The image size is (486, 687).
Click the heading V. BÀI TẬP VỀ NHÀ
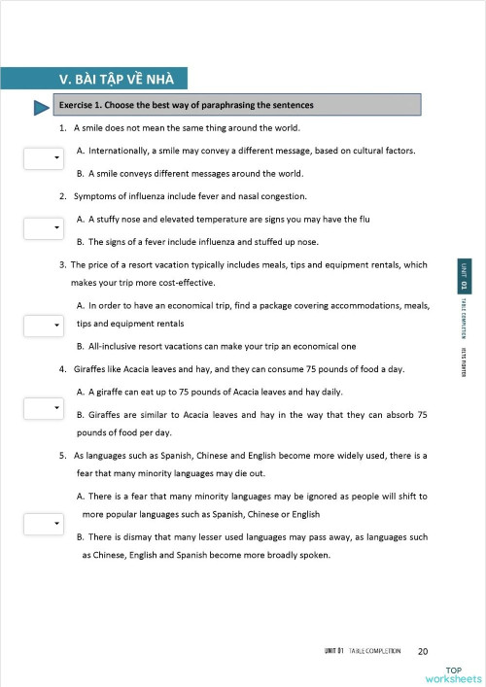pyautogui.click(x=121, y=80)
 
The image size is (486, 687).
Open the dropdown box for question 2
pyautogui.click(x=42, y=227)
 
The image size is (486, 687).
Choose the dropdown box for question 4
pyautogui.click(x=42, y=408)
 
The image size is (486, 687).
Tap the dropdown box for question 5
pyautogui.click(x=42, y=524)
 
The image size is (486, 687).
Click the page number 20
pyautogui.click(x=422, y=651)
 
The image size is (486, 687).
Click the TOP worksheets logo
pyautogui.click(x=453, y=674)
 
